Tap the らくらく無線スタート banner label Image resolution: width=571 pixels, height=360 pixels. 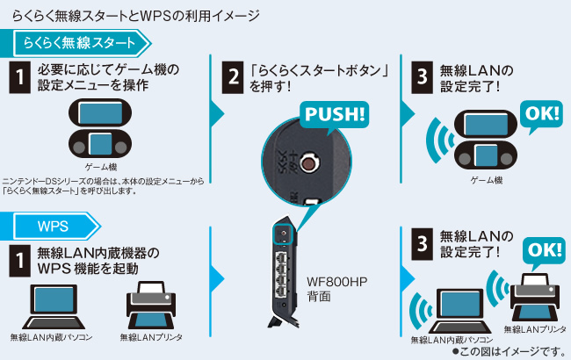coord(79,42)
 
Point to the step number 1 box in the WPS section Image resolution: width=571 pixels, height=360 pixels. coord(18,260)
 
